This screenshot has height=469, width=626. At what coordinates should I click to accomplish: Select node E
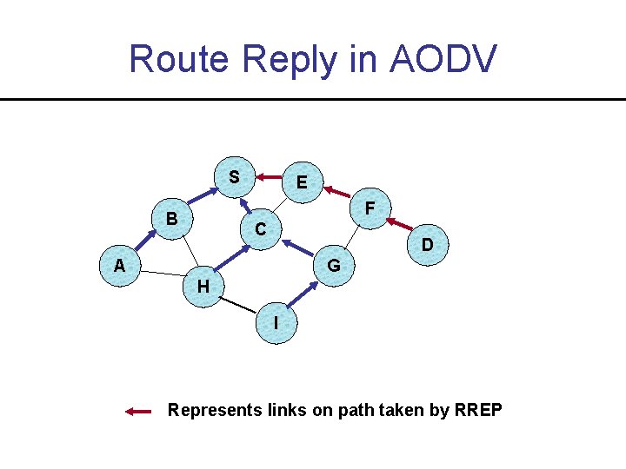(x=303, y=183)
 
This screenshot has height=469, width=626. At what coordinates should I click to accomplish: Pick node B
(x=172, y=220)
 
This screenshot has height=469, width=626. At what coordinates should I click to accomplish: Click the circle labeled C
(x=260, y=229)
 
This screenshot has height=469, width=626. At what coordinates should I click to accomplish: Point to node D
(x=428, y=246)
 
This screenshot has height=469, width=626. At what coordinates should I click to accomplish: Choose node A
(x=119, y=267)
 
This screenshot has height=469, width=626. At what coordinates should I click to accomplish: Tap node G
(x=334, y=265)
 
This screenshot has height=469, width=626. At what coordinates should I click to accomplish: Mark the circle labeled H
(x=203, y=287)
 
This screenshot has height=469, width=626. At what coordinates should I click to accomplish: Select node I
(x=276, y=322)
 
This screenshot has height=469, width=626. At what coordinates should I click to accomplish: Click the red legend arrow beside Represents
(x=139, y=412)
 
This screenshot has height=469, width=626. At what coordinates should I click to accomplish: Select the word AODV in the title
(x=443, y=59)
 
